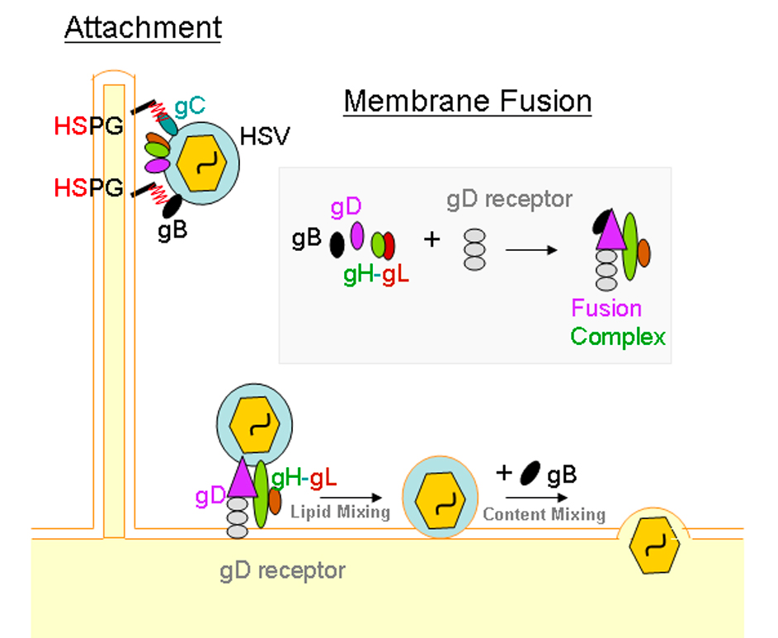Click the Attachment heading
(143, 28)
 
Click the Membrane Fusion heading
(468, 102)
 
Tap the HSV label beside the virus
(265, 136)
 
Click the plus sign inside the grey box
(431, 240)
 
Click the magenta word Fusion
(606, 309)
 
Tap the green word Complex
(618, 337)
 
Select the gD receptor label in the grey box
(509, 200)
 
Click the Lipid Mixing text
(340, 512)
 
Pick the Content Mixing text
(544, 515)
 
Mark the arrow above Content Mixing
(536, 498)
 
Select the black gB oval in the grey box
(337, 244)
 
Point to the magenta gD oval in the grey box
(357, 235)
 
